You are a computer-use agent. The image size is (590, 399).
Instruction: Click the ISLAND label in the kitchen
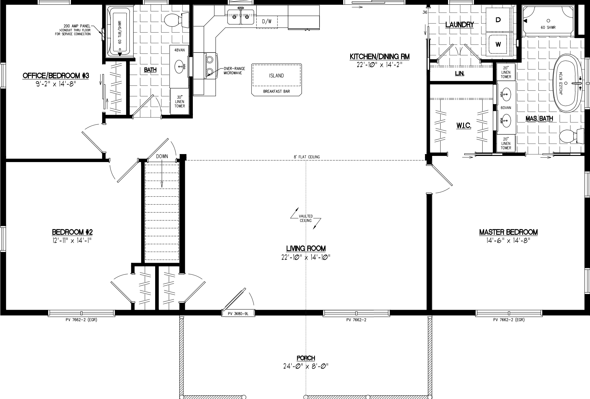point(276,76)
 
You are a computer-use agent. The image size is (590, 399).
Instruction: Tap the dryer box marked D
point(498,20)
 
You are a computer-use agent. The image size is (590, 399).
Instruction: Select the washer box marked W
point(498,45)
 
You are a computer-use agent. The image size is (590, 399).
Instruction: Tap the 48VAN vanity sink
point(180,65)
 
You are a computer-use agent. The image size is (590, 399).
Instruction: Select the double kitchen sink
point(240,17)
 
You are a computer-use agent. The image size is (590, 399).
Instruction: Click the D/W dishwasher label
point(266,21)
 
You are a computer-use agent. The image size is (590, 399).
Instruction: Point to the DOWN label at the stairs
point(162,156)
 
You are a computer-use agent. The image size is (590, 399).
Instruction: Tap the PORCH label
point(306,358)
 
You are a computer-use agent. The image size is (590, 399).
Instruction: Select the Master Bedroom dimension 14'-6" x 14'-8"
point(508,241)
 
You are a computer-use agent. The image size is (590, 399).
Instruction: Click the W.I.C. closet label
point(464,126)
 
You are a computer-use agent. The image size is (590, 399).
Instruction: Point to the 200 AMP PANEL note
point(77,30)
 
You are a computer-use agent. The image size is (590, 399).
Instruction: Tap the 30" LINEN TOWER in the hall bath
point(180,102)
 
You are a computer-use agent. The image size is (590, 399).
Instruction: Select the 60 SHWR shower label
point(548,27)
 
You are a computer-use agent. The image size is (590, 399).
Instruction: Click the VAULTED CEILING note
point(306,218)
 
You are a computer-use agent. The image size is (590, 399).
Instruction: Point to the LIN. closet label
point(460,74)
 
